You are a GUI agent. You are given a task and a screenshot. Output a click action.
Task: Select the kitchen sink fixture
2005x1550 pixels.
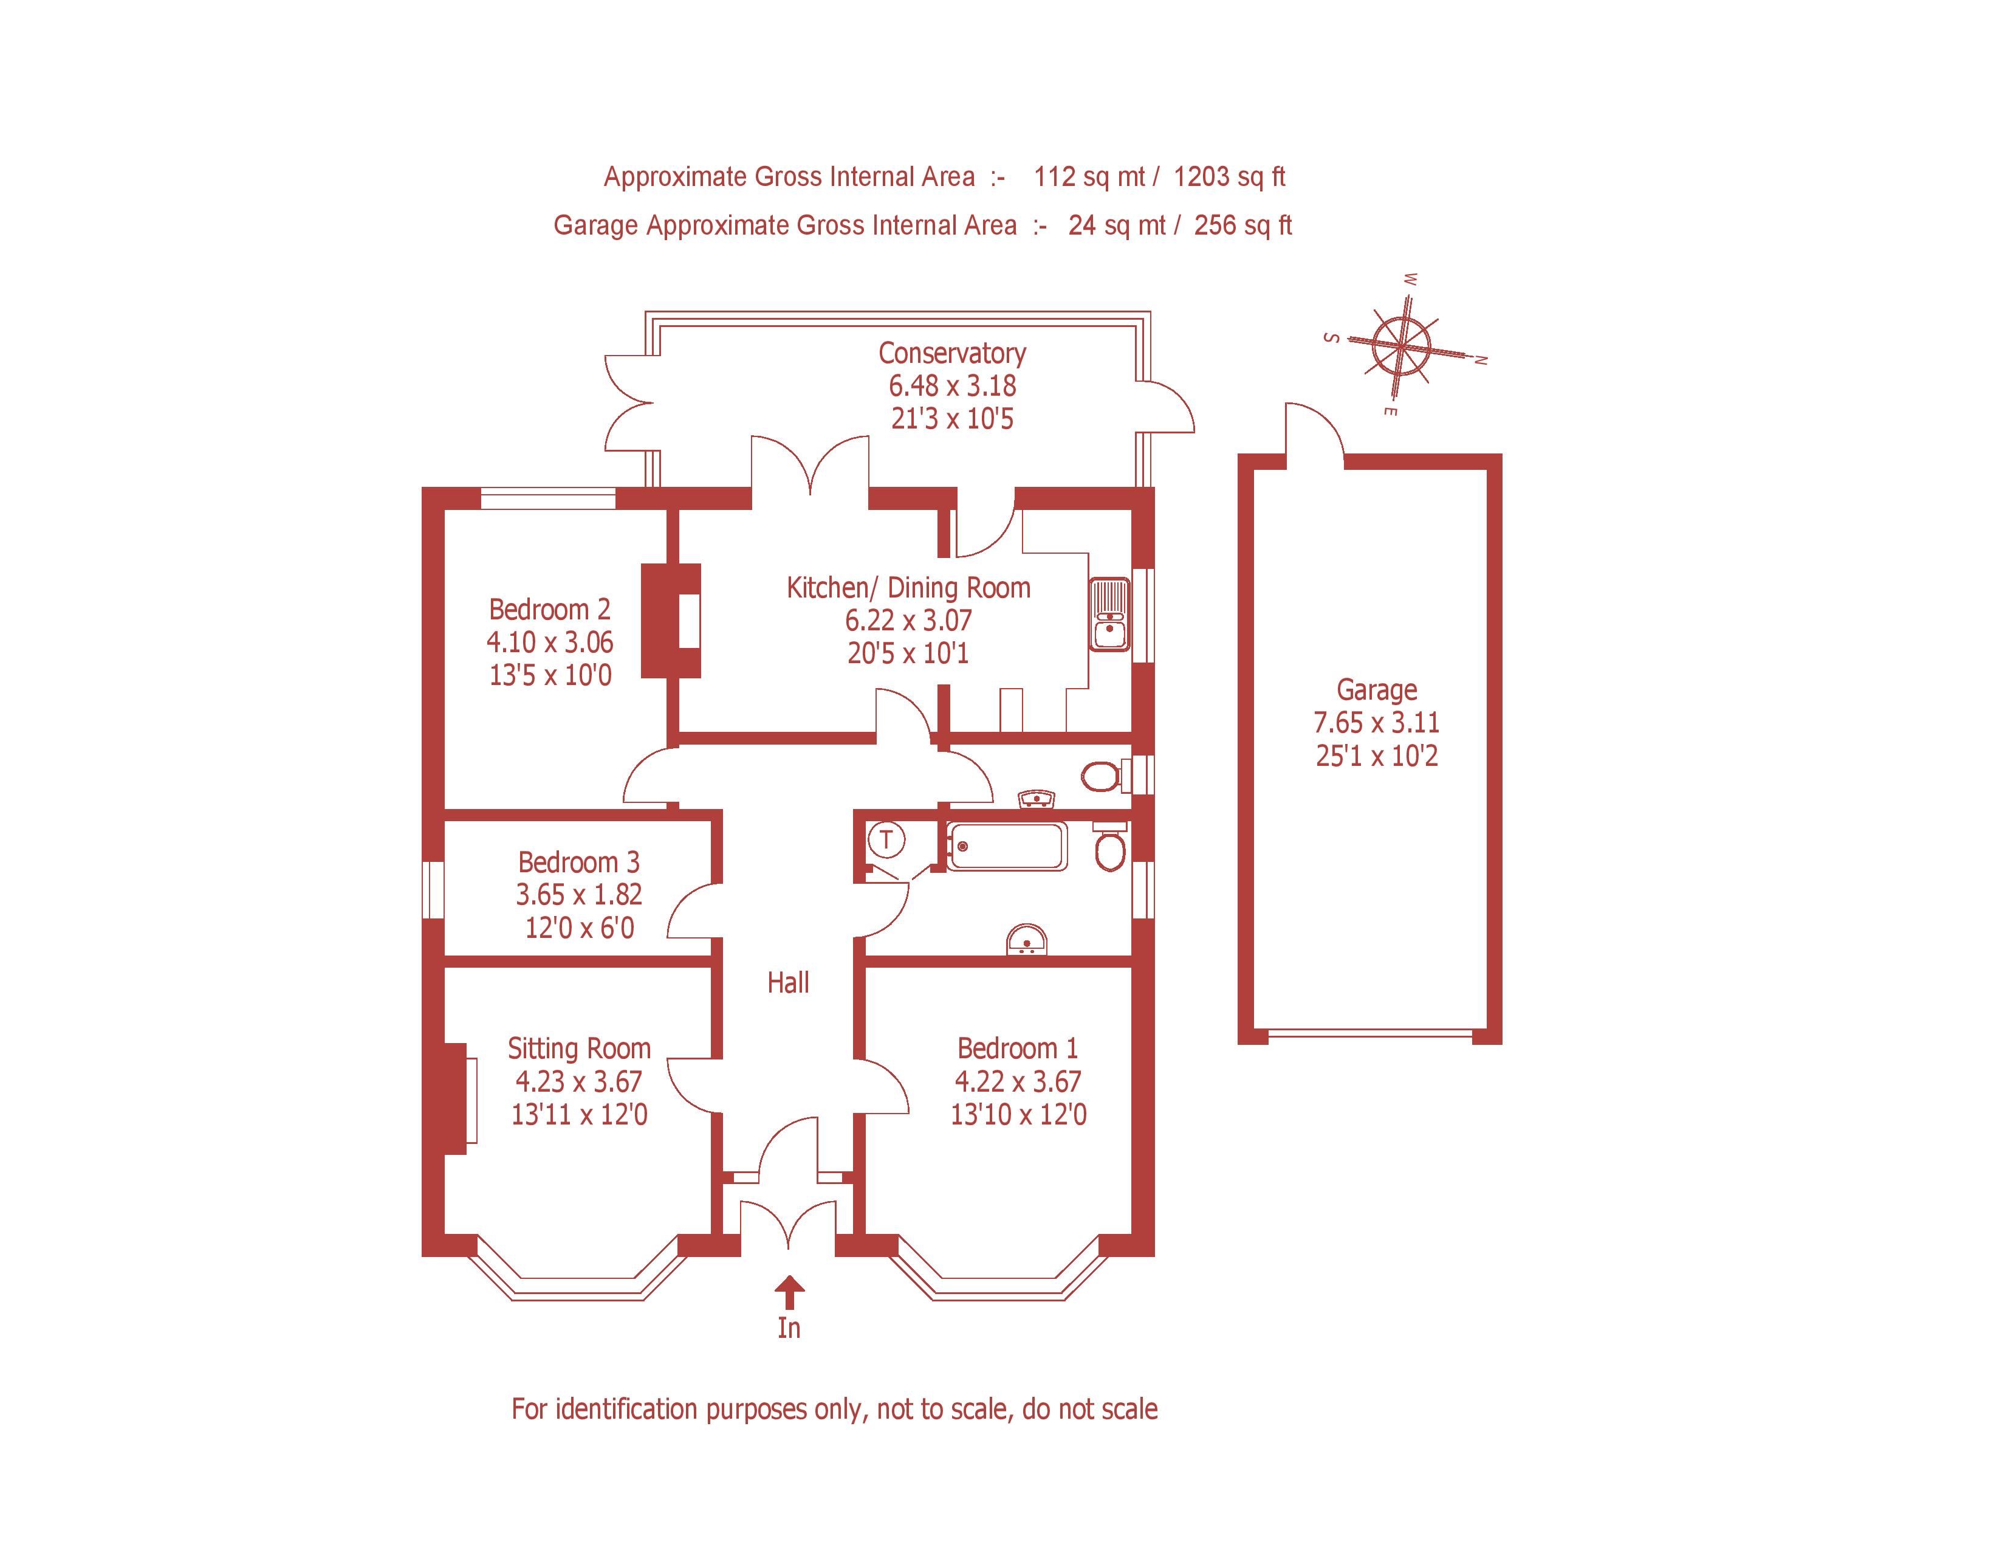(x=1109, y=615)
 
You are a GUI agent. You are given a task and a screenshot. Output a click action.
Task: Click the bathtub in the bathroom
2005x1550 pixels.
(x=1007, y=846)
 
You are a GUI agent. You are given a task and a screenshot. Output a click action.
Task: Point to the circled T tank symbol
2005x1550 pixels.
(x=886, y=838)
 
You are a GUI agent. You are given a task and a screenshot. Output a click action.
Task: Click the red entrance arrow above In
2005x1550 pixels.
(x=789, y=1292)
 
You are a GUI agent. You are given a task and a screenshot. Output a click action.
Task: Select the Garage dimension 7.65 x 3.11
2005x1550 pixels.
(x=1376, y=723)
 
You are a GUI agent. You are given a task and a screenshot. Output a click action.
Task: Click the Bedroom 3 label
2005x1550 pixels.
(x=578, y=863)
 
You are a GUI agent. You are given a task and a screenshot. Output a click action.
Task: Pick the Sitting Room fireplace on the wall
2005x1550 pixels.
(x=456, y=1099)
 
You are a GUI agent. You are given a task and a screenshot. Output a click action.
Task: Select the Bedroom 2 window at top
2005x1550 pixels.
(x=548, y=498)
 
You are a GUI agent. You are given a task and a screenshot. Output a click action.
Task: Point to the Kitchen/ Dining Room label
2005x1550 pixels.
(x=908, y=588)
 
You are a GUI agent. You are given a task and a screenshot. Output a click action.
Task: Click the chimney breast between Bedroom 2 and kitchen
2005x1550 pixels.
(x=670, y=621)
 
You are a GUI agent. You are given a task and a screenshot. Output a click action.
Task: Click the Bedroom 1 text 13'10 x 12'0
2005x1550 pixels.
(x=1018, y=1115)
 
